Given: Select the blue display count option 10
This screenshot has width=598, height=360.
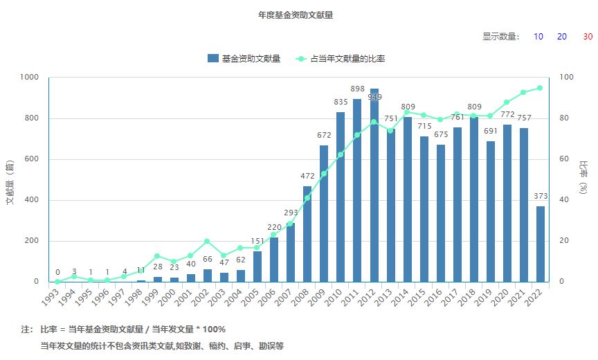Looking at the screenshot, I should [538, 37].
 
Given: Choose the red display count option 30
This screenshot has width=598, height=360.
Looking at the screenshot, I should [587, 37].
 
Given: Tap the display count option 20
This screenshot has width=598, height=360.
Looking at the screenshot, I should [562, 37].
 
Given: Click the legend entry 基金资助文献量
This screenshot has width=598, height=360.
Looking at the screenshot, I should [244, 59].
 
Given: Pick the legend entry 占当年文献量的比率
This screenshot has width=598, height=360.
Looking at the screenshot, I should [341, 59].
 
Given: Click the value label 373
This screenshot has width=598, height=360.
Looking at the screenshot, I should [541, 196].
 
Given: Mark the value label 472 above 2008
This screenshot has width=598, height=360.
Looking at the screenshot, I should [307, 176].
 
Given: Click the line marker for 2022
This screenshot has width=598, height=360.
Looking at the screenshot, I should [541, 88].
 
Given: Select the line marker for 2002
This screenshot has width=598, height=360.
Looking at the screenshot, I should [208, 241].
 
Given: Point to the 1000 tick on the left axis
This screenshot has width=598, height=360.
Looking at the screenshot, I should [30, 78].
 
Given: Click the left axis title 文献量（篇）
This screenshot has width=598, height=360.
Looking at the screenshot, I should [10, 180].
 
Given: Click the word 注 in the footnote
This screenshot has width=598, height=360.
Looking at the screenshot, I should [26, 330].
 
